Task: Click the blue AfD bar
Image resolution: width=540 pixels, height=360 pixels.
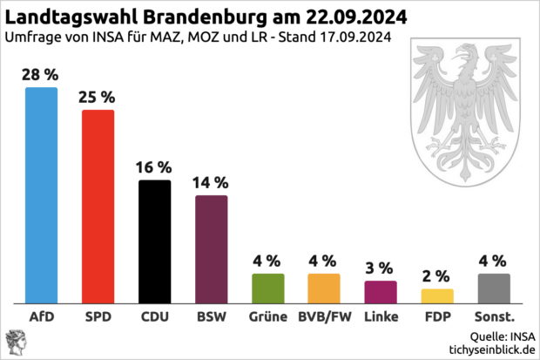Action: click(x=41, y=195)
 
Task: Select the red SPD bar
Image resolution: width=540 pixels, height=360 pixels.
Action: click(x=98, y=207)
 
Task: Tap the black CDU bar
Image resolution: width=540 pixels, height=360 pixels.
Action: click(x=154, y=241)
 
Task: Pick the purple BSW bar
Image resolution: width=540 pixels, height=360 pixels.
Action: click(x=211, y=249)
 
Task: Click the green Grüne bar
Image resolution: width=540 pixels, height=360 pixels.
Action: click(x=267, y=288)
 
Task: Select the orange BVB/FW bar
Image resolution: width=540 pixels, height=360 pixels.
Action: click(x=323, y=288)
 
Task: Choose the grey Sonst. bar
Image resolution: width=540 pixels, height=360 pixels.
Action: click(x=494, y=288)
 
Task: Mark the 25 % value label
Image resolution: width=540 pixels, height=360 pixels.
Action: click(x=98, y=96)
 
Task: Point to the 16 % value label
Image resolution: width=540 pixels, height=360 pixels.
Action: click(x=154, y=166)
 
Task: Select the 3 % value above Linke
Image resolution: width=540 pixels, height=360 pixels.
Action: click(x=380, y=267)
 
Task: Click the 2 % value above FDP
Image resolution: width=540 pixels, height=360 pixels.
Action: click(x=437, y=275)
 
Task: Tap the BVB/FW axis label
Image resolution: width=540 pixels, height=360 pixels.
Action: click(x=323, y=316)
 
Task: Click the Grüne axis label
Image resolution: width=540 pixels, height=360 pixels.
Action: click(x=267, y=316)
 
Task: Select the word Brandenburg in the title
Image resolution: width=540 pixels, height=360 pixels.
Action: click(x=189, y=17)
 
